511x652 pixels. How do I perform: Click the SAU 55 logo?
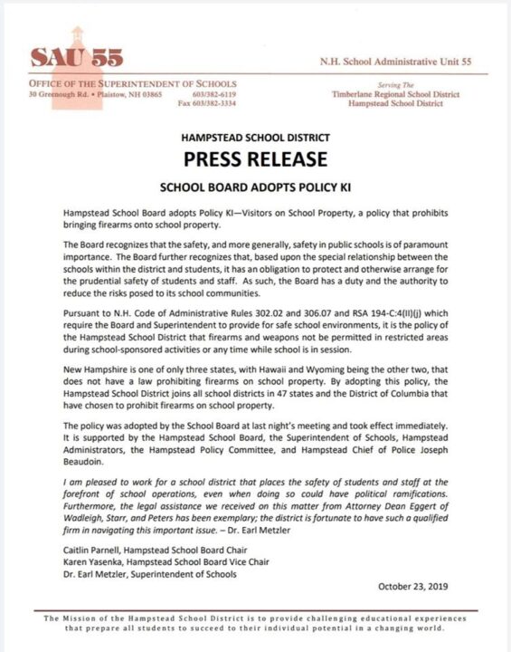(77, 57)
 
